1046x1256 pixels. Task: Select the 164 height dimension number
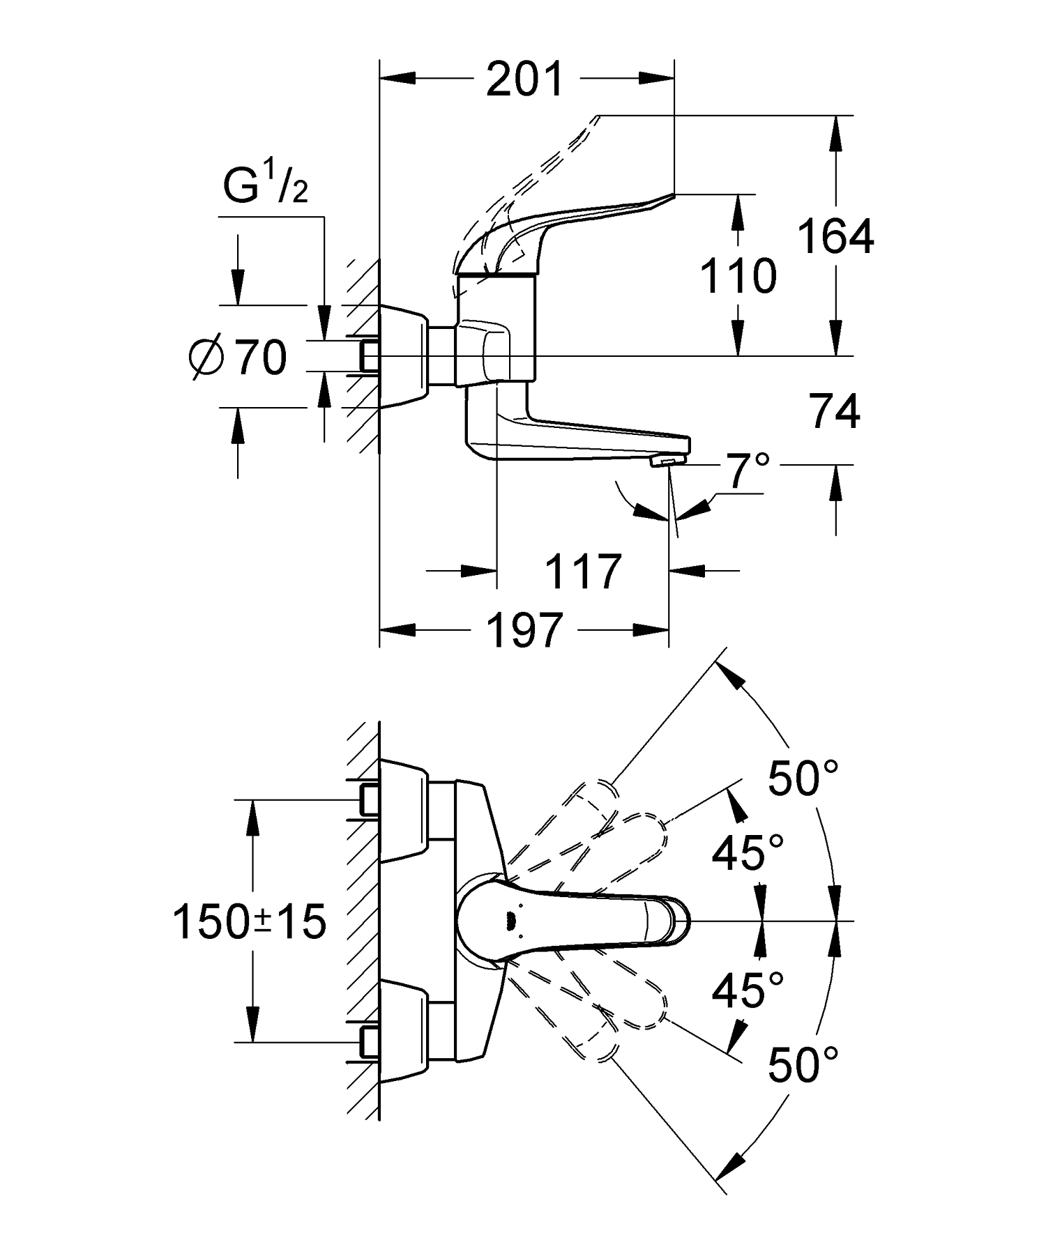pyautogui.click(x=835, y=237)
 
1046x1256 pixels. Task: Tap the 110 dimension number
pyautogui.click(x=738, y=277)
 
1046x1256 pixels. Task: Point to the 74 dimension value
pyautogui.click(x=835, y=412)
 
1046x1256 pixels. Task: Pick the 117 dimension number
pyautogui.click(x=582, y=573)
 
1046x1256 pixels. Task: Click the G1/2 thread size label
pyautogui.click(x=264, y=186)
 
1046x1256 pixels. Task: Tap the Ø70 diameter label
pyautogui.click(x=238, y=358)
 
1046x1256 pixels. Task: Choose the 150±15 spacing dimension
pyautogui.click(x=249, y=922)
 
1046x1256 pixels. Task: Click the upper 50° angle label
pyautogui.click(x=802, y=778)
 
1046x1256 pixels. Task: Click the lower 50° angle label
pyautogui.click(x=802, y=1065)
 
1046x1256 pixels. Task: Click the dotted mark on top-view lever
pyautogui.click(x=510, y=921)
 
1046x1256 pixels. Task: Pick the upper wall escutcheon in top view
pyautogui.click(x=404, y=809)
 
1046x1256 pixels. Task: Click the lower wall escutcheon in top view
pyautogui.click(x=404, y=1034)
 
